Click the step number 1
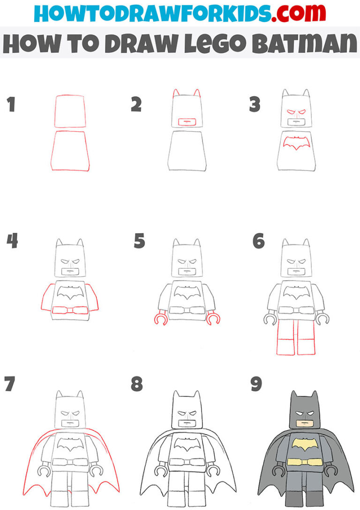[x=11, y=105]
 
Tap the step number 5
[x=139, y=242]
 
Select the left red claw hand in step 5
[x=159, y=320]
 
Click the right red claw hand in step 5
[x=215, y=320]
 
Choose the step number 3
[x=255, y=105]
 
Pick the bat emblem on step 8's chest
[x=187, y=443]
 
